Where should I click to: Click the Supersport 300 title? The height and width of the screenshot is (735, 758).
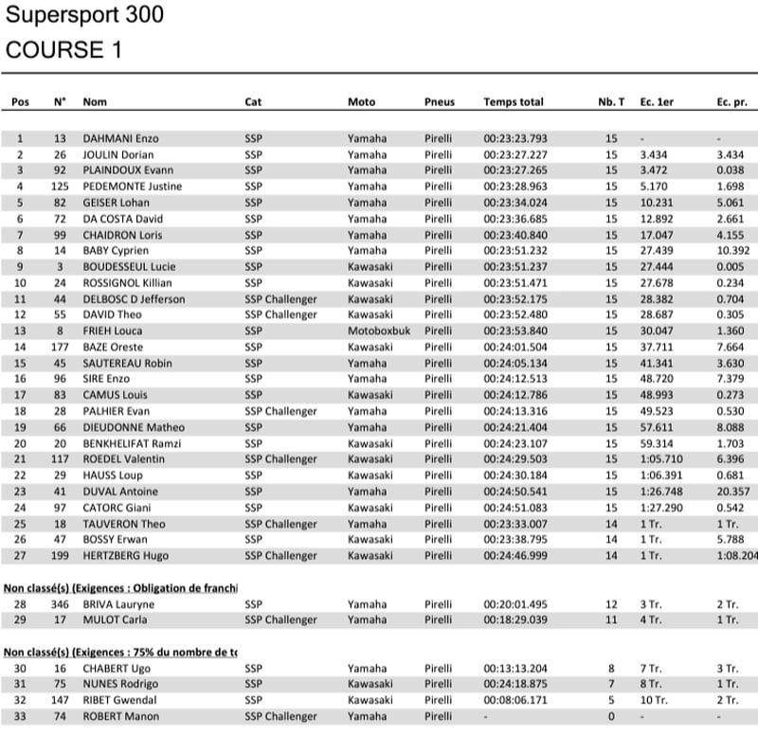tap(84, 15)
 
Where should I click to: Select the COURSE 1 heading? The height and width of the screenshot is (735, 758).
tap(63, 50)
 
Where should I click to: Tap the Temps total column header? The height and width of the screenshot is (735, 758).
tap(514, 102)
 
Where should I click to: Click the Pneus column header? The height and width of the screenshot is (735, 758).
tap(440, 102)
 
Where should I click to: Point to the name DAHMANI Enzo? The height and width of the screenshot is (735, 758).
tap(120, 138)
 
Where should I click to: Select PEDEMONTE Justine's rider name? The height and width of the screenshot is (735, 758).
tap(133, 187)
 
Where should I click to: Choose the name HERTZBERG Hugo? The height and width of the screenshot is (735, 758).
tap(125, 556)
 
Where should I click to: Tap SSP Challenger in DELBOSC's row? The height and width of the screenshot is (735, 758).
tap(281, 299)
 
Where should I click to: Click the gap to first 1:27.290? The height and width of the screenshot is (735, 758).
tap(659, 509)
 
